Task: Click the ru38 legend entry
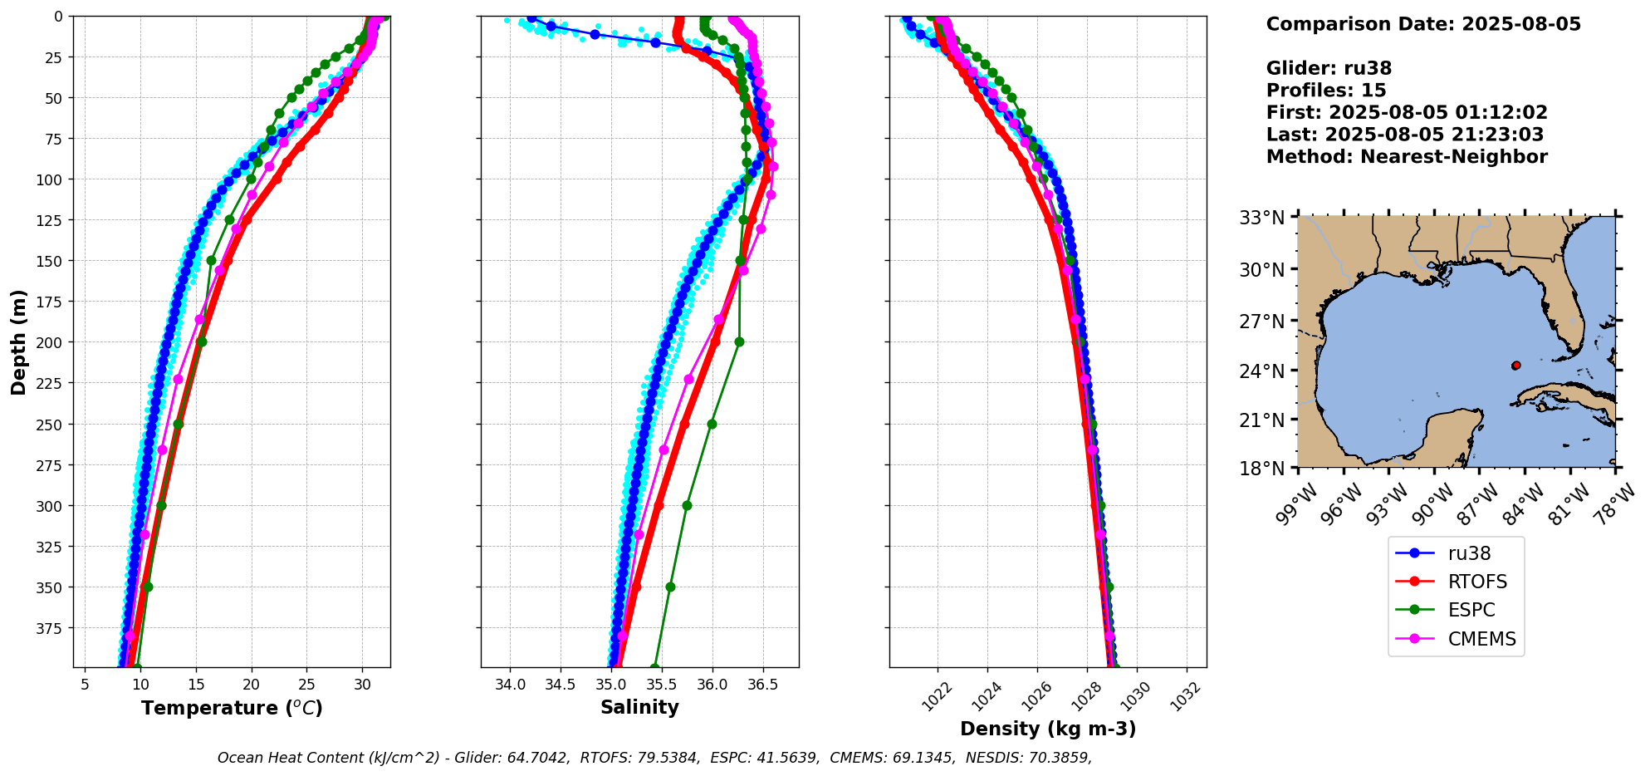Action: point(1468,553)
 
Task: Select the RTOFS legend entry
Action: point(1476,582)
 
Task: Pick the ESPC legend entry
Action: point(1471,610)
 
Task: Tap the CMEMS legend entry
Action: point(1481,639)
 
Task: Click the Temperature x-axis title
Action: point(232,708)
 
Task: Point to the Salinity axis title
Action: point(639,707)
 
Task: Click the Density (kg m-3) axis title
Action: point(1048,729)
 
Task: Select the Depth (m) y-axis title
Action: point(18,341)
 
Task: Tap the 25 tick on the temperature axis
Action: point(306,685)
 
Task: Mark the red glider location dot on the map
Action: point(1515,366)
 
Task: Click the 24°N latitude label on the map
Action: point(1261,371)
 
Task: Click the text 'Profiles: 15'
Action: point(1325,91)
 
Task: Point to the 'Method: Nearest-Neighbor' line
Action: point(1406,157)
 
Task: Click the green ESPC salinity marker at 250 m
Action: point(712,424)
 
